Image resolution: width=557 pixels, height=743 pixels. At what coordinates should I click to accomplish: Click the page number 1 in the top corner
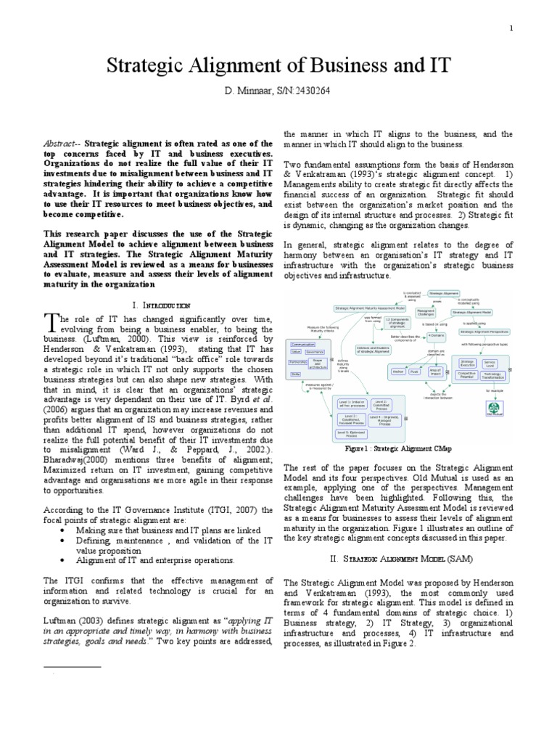coord(511,28)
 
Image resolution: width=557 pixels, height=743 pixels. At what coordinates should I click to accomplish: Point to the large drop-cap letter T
coord(49,321)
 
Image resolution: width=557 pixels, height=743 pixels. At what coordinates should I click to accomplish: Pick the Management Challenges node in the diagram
coord(426,313)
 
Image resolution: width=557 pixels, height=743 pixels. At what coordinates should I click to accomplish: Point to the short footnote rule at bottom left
coord(73,666)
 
